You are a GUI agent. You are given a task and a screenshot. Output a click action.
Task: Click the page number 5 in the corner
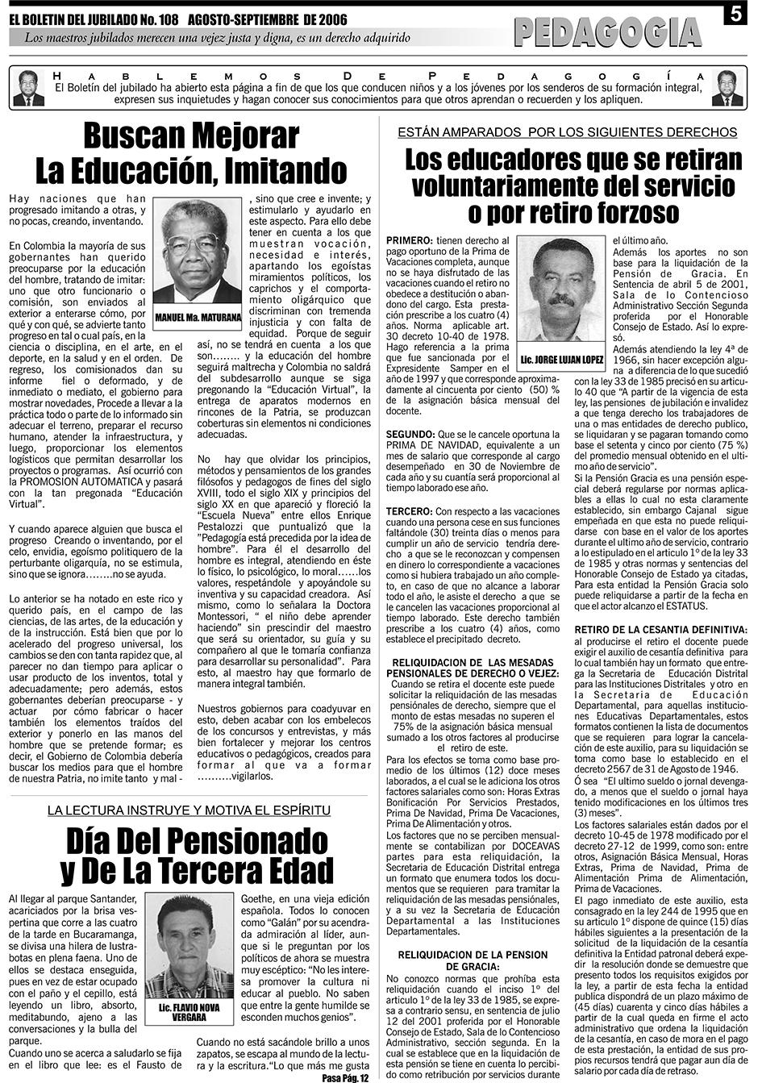(x=737, y=15)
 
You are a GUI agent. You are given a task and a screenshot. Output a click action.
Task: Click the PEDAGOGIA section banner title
(x=607, y=32)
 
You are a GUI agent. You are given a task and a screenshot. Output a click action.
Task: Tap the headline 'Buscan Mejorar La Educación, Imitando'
(x=191, y=153)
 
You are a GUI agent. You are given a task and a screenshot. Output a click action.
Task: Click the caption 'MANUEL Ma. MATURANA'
(x=198, y=318)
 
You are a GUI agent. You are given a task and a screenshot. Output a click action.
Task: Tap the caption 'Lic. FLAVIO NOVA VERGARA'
(x=189, y=1012)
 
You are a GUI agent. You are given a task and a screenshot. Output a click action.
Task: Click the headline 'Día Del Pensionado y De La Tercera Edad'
(x=197, y=856)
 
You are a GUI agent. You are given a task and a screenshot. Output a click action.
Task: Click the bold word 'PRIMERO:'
(x=409, y=240)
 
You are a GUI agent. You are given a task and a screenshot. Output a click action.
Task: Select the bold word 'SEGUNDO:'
(x=410, y=434)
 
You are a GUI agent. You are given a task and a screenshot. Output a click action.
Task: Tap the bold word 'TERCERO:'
(x=409, y=511)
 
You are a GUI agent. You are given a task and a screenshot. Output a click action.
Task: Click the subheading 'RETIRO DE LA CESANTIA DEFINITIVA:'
(x=660, y=629)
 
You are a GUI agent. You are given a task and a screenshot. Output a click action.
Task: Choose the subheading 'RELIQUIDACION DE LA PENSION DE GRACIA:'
(x=473, y=960)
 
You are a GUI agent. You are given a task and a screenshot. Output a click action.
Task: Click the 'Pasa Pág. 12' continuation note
(x=344, y=1077)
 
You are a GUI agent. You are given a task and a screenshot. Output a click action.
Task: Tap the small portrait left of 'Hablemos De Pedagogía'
(x=29, y=89)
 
